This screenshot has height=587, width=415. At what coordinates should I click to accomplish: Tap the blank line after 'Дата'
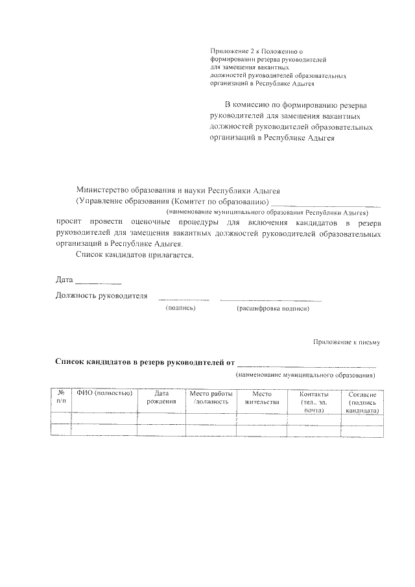pos(99,283)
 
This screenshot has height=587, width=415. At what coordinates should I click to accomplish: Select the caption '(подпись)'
pos(181,309)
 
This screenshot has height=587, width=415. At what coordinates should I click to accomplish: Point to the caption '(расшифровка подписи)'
pos(272,309)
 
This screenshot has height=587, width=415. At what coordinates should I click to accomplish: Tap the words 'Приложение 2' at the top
pos(230,51)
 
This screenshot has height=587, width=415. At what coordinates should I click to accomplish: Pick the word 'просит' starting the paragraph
pos(67,222)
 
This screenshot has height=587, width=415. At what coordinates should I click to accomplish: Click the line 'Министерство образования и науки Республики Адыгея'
pos(178,190)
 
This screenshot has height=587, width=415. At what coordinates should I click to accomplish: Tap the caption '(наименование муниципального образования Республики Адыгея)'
pos(267,212)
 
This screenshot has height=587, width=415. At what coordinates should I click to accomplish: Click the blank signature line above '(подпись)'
pos(184,300)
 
